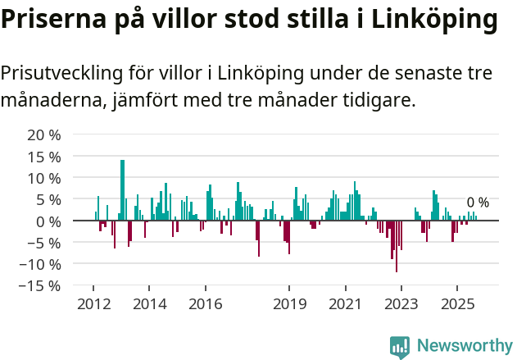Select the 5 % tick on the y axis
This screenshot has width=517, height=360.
click(x=47, y=199)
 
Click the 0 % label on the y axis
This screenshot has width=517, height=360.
click(x=47, y=221)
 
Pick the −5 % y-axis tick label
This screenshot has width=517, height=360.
click(x=43, y=243)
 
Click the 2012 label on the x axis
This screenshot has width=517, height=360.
click(x=93, y=304)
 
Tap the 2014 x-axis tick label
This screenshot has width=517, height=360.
click(x=149, y=304)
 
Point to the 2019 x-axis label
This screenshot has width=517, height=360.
click(x=289, y=304)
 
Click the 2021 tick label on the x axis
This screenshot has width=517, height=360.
click(x=345, y=304)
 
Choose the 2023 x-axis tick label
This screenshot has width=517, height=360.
click(x=401, y=304)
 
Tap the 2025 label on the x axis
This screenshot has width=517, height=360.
click(x=457, y=304)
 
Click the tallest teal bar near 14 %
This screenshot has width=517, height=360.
click(x=122, y=189)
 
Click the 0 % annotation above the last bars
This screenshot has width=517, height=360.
click(x=478, y=203)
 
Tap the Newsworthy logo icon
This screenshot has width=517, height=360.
click(x=400, y=347)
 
